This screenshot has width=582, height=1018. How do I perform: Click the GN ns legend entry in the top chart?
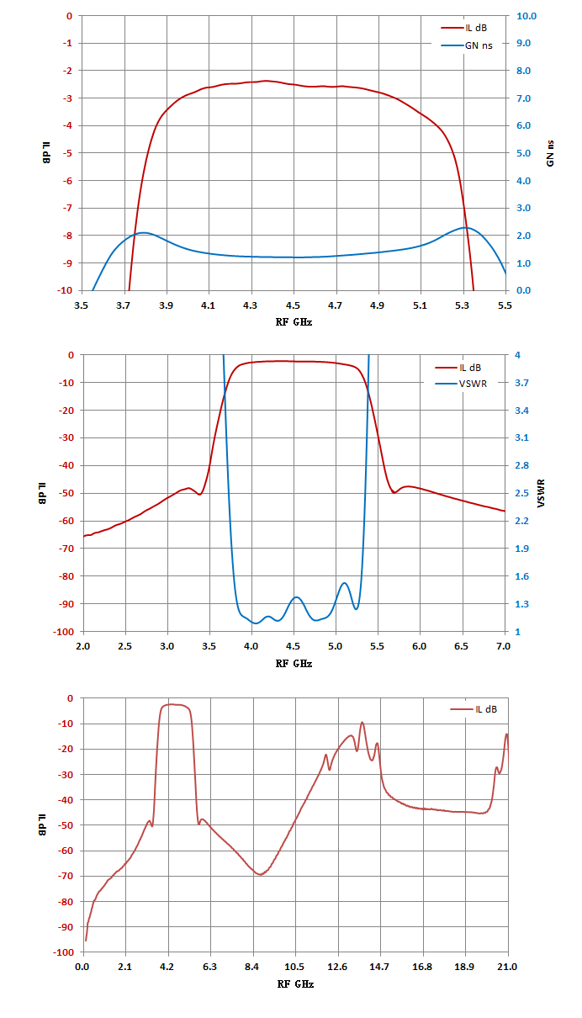467,45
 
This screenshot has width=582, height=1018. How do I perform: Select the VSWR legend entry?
461,384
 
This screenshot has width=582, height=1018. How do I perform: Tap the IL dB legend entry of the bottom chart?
474,709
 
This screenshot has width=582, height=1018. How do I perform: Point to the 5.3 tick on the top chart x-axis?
462,305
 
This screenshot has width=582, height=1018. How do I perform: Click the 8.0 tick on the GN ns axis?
523,71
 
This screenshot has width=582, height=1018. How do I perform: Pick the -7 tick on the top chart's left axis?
67,208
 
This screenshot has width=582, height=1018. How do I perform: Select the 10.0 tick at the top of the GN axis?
526,16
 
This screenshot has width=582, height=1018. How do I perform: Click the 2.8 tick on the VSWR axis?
522,465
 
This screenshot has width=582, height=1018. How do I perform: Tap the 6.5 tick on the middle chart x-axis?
461,646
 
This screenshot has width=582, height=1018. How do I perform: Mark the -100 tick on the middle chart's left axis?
63,632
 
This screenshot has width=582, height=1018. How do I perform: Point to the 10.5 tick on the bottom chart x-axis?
294,967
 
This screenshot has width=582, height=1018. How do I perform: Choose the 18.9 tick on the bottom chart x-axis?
464,967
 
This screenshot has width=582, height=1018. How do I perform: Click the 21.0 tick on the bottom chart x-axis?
507,967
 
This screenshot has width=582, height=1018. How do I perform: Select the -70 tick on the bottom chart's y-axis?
66,876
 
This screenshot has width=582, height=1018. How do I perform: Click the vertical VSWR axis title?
541,493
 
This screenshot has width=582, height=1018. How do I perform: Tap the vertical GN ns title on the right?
550,153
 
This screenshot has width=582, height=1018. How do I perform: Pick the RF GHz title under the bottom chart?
295,984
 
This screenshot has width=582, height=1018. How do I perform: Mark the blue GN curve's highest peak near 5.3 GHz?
466,227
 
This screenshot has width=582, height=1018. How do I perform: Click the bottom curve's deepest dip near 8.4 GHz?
260,874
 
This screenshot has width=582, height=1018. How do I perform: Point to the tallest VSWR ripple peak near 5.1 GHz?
344,583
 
